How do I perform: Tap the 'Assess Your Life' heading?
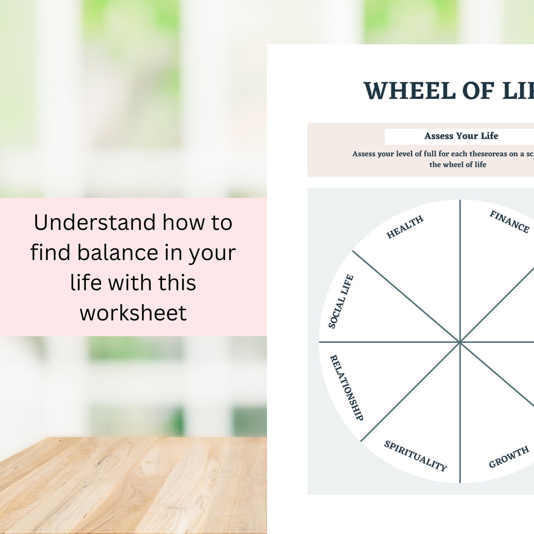[461, 136]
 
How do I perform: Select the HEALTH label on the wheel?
[405, 227]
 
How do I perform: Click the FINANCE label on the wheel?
[509, 222]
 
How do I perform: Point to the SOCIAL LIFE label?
[341, 301]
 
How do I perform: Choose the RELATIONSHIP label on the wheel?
[347, 387]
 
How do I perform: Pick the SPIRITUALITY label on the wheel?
[415, 455]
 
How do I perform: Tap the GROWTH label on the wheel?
[509, 457]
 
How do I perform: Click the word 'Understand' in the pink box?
[95, 222]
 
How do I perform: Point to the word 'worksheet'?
[133, 312]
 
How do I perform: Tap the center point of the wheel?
[460, 342]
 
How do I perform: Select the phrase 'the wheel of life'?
[458, 164]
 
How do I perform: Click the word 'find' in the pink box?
[50, 252]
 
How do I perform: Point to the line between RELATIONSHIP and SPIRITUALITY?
[408, 393]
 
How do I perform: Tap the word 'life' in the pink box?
[86, 282]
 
